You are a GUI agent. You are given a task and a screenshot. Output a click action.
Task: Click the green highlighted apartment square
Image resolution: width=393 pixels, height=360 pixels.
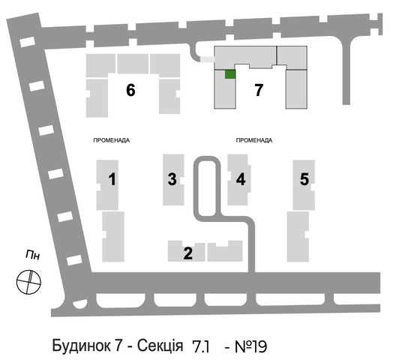[230, 74]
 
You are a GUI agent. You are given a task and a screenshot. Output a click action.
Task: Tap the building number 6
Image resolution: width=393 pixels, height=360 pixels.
[130, 90]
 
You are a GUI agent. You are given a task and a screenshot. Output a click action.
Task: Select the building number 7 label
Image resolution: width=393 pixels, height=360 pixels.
[259, 90]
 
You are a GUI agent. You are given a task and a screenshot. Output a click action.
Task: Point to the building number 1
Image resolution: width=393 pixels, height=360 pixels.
[112, 179]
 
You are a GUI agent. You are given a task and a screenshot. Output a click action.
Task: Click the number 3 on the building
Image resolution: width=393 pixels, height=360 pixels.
[172, 179]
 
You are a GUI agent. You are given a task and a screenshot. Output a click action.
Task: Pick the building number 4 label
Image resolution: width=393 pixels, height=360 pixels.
[241, 179]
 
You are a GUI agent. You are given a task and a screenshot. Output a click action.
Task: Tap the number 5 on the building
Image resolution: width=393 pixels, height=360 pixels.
[304, 179]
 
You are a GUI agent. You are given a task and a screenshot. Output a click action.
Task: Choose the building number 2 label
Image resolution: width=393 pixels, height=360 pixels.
[188, 253]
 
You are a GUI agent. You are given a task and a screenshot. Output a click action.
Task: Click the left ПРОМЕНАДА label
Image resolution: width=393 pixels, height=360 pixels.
[112, 140]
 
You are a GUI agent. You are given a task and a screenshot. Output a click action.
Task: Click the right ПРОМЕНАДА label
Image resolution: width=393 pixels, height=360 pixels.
[254, 140]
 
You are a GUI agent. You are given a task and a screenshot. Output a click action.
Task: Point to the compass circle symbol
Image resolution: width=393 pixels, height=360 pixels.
[28, 282]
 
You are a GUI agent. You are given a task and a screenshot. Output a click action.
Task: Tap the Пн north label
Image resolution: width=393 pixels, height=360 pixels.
[32, 256]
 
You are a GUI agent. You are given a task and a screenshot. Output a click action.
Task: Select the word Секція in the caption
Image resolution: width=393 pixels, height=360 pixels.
[160, 346]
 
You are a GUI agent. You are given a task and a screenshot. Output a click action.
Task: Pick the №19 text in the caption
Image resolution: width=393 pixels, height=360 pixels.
[251, 346]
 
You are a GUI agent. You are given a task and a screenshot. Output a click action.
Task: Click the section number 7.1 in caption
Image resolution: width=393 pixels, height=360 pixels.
[200, 346]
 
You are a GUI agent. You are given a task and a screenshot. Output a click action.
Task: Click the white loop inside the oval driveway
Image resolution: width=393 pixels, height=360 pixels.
[207, 188]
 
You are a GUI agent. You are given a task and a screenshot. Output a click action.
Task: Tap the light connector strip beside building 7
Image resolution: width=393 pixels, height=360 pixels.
[207, 59]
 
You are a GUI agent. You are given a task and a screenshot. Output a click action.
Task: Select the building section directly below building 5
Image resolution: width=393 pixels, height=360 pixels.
[298, 237]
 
